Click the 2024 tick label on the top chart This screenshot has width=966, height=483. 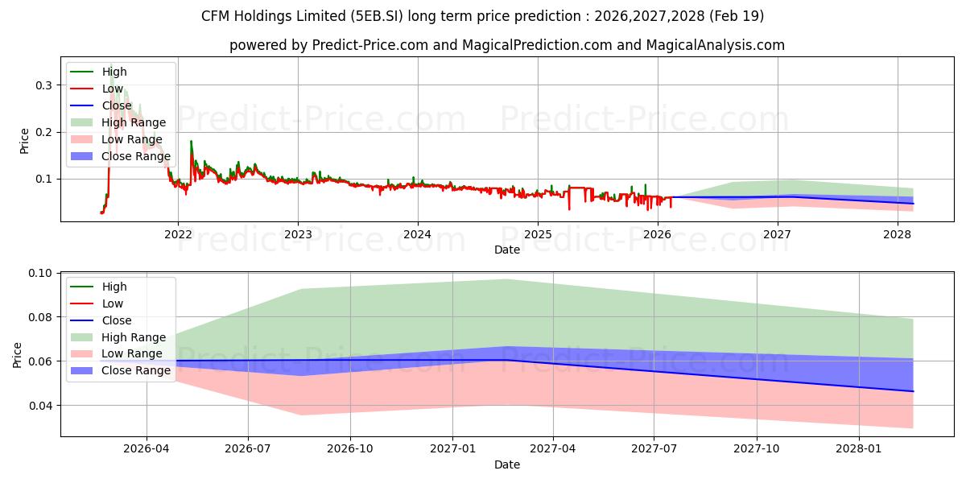(417, 234)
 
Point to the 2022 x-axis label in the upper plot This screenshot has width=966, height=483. (178, 234)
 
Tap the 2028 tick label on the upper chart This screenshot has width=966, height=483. (897, 234)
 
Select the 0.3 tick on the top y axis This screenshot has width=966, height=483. (43, 85)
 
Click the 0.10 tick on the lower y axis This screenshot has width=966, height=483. (39, 273)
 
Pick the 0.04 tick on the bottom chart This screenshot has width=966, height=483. (39, 406)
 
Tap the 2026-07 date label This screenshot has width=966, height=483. (248, 448)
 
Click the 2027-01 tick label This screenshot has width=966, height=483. (452, 448)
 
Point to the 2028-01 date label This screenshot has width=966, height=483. (859, 448)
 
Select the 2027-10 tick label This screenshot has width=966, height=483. (757, 448)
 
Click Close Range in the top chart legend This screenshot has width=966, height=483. (136, 156)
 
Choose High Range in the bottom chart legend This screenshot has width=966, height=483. (134, 337)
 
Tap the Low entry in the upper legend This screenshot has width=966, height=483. (113, 89)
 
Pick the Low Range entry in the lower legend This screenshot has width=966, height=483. (132, 353)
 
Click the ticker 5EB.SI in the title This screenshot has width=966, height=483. (377, 16)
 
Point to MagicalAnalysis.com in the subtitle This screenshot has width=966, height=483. (715, 45)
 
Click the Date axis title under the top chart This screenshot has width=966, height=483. (507, 250)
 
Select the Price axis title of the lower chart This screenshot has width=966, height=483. (17, 355)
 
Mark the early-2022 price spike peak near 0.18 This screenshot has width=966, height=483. (191, 141)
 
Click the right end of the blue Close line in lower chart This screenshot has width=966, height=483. (913, 391)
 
